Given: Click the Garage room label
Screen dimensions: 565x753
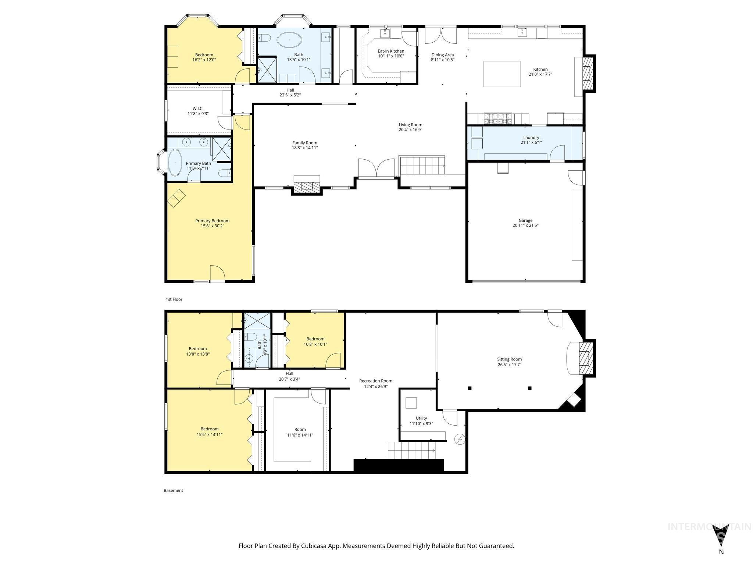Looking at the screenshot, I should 525,220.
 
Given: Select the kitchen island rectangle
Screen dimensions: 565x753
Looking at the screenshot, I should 502,74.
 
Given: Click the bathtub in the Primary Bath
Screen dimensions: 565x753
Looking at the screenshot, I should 175,163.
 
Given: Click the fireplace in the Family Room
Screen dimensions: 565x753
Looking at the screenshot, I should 307,186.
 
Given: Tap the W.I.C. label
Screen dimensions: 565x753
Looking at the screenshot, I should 198,109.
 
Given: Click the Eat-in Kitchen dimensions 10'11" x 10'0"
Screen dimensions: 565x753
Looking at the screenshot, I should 391,56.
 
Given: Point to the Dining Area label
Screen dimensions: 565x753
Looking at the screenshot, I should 442,55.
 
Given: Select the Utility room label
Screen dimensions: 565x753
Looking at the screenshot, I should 421,418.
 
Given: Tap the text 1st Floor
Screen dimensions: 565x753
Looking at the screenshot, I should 174,299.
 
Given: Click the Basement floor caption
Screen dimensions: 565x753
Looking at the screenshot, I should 173,490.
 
